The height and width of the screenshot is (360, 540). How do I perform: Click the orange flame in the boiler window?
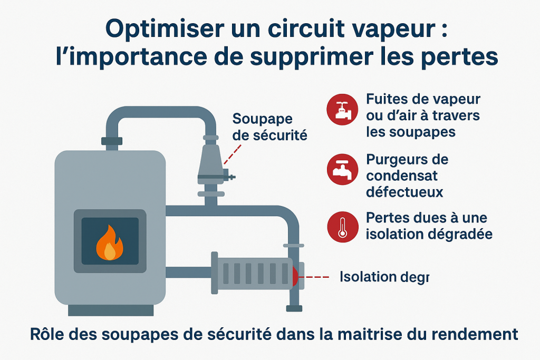pyautogui.click(x=109, y=243)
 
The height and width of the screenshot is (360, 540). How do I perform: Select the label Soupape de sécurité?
pyautogui.click(x=269, y=127)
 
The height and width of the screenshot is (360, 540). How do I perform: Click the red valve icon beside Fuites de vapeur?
pyautogui.click(x=342, y=109)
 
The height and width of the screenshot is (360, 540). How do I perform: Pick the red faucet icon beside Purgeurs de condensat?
pyautogui.click(x=342, y=169)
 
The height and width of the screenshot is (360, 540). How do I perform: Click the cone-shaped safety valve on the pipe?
pyautogui.click(x=213, y=162)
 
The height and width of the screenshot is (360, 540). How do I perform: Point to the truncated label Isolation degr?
pyautogui.click(x=384, y=276)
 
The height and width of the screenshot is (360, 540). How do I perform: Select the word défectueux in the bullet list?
pyautogui.click(x=404, y=192)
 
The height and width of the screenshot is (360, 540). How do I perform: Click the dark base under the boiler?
pyautogui.click(x=111, y=310)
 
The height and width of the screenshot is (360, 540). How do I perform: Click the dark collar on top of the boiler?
pyautogui.click(x=111, y=141)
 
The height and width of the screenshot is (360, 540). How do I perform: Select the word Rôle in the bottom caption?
pyautogui.click(x=44, y=334)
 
